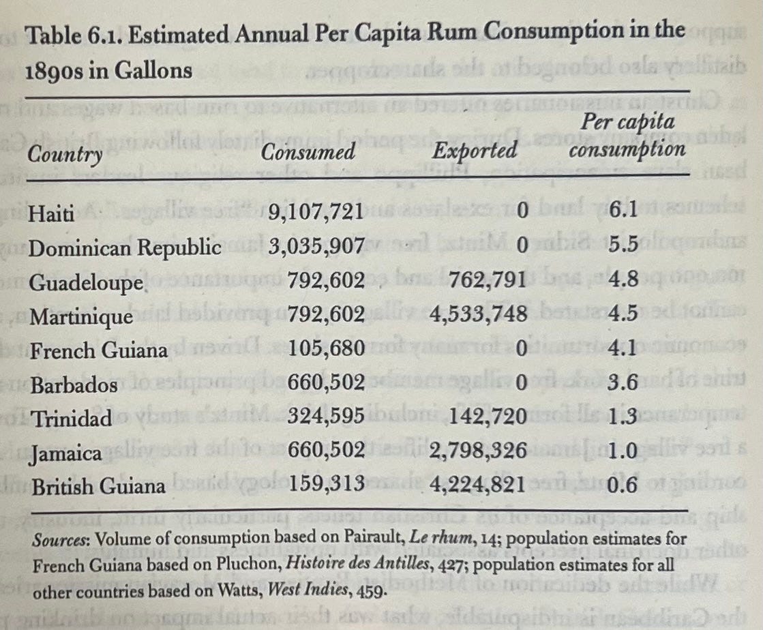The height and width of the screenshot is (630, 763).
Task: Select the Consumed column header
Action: tap(309, 151)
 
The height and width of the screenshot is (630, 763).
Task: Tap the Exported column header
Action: tap(475, 149)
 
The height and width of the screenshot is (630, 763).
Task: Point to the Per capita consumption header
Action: tap(627, 136)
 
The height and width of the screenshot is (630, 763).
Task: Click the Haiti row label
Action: tap(51, 213)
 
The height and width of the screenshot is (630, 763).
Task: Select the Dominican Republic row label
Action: tap(125, 247)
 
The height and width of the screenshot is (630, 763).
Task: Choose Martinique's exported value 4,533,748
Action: tap(479, 314)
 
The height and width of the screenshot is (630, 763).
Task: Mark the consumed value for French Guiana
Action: tap(327, 349)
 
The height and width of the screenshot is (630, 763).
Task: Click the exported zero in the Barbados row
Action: tap(522, 382)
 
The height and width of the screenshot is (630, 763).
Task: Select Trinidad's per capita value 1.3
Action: tap(623, 417)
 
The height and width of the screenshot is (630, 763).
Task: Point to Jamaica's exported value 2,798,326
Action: tap(479, 451)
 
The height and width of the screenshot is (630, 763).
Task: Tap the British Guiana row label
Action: tap(98, 486)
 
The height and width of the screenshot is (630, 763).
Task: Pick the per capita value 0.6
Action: tap(623, 485)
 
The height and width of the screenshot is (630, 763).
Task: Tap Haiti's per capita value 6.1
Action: tap(623, 211)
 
